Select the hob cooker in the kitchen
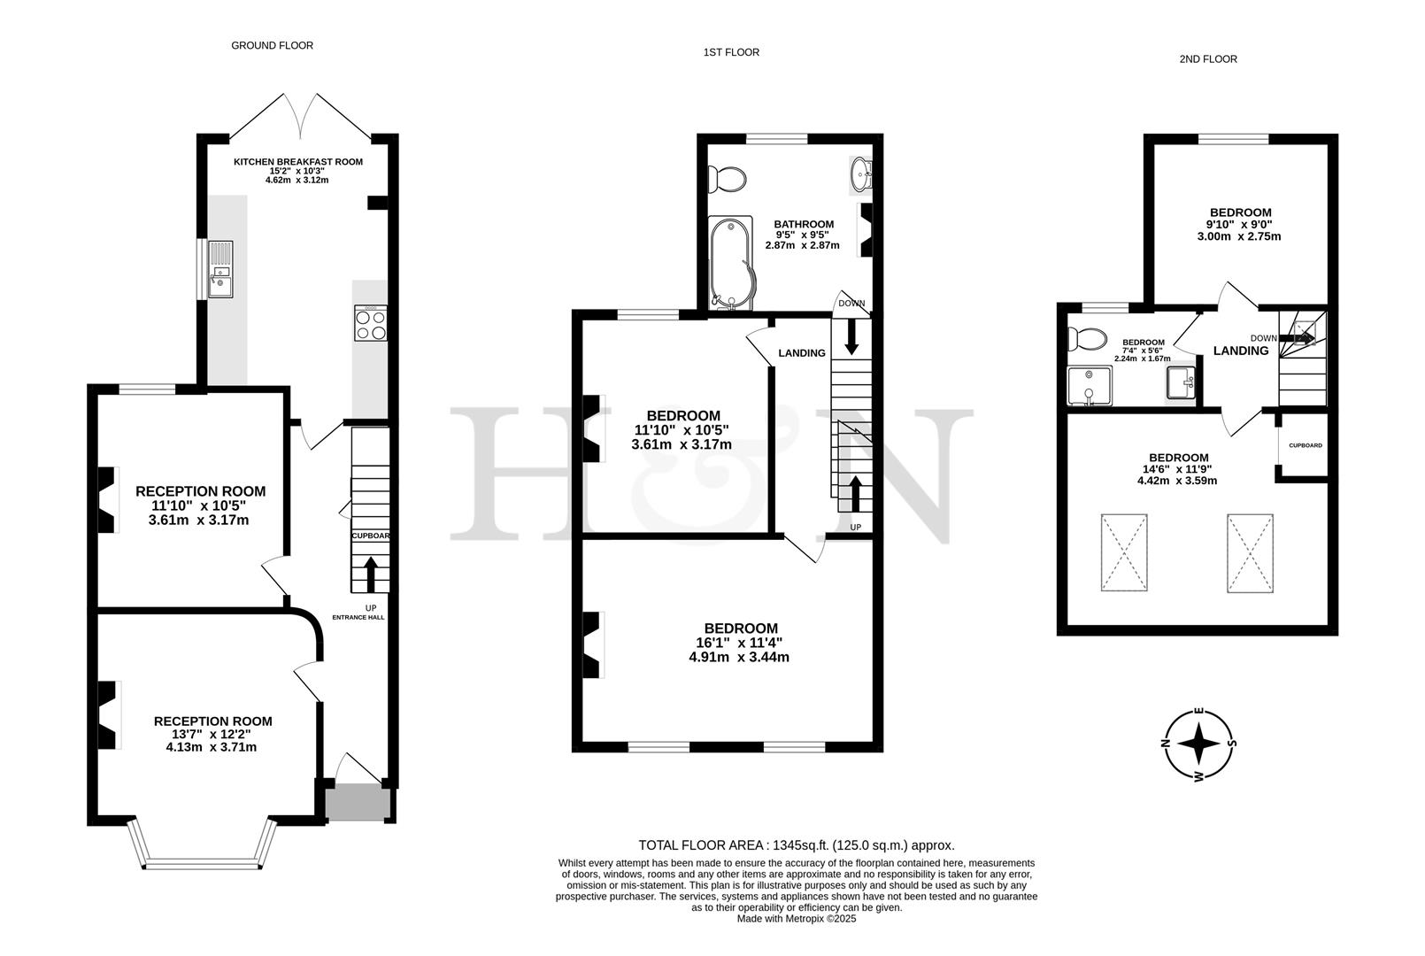370,323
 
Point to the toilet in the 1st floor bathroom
729,178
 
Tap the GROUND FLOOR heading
272,45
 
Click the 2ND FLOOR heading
1207,59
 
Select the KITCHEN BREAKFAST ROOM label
297,162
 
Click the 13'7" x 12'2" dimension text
212,734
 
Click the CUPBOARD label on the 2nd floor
1305,445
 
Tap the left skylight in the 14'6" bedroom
1125,552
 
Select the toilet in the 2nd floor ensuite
1087,339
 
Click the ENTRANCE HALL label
358,617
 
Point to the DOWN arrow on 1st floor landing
851,337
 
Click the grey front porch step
357,803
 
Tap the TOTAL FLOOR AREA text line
796,845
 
